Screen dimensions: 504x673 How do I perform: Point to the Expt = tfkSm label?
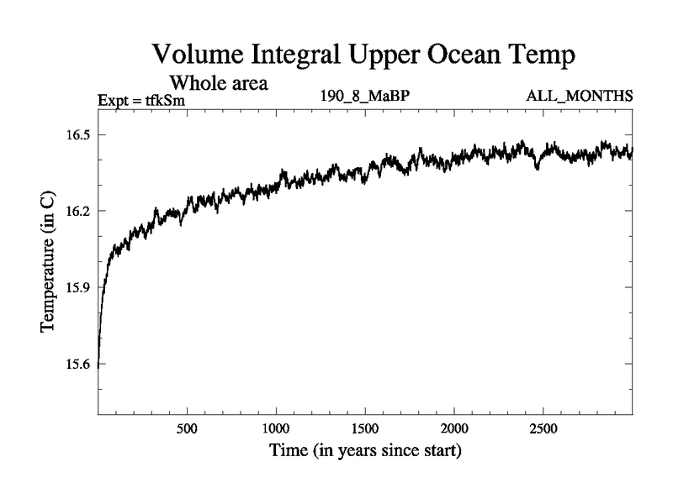tap(141, 100)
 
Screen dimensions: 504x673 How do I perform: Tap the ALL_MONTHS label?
tap(580, 96)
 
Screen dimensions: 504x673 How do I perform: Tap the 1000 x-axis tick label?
tap(276, 428)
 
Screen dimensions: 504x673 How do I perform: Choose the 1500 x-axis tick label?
tap(365, 428)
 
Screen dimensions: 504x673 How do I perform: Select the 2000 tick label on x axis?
tap(453, 428)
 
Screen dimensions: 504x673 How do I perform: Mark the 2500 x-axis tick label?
tap(543, 428)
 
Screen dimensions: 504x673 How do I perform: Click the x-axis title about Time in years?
tap(365, 451)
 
